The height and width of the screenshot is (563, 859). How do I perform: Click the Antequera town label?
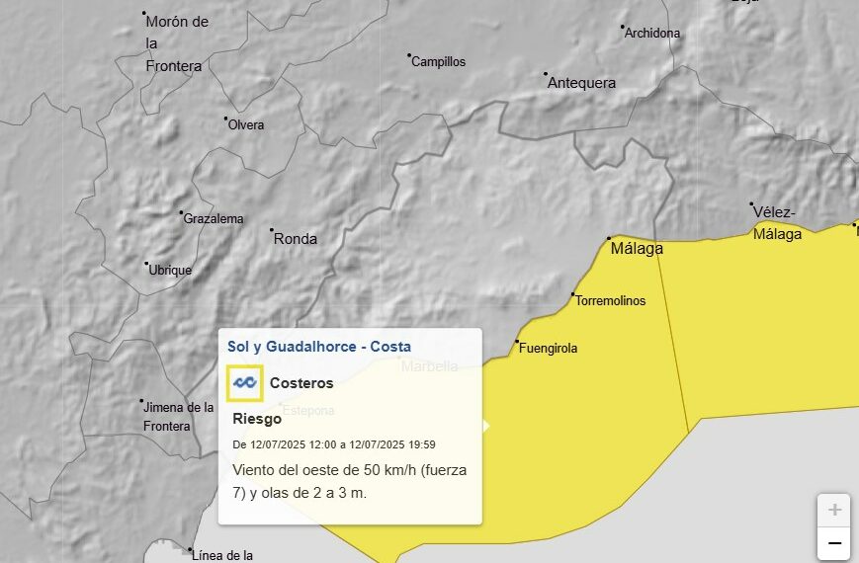[x=581, y=83]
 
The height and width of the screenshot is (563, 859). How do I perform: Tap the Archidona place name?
[x=652, y=33]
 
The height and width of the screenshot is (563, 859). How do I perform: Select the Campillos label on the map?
[x=438, y=61]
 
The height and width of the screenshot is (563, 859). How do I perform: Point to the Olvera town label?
[x=246, y=124]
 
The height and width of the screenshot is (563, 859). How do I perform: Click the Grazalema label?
[x=214, y=218]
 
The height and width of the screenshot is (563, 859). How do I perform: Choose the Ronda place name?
[x=295, y=239]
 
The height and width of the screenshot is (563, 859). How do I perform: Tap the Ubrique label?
[x=170, y=270]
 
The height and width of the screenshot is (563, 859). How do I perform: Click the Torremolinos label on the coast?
[x=610, y=300]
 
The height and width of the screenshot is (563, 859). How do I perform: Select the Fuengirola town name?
[x=549, y=348]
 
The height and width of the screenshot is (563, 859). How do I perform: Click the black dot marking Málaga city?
[x=609, y=238]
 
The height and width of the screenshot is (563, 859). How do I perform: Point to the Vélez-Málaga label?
[x=777, y=223]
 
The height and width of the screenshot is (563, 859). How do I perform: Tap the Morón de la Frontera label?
[x=175, y=43]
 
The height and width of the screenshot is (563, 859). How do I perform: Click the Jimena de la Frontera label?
[x=178, y=416]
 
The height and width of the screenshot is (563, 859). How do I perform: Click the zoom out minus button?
[x=834, y=543]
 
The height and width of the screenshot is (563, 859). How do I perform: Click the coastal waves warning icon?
[x=244, y=383]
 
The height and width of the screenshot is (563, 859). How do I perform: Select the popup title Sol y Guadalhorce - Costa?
[x=318, y=347]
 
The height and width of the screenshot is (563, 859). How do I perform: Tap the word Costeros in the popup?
[x=301, y=383]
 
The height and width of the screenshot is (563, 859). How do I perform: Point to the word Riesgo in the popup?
[x=257, y=418]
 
